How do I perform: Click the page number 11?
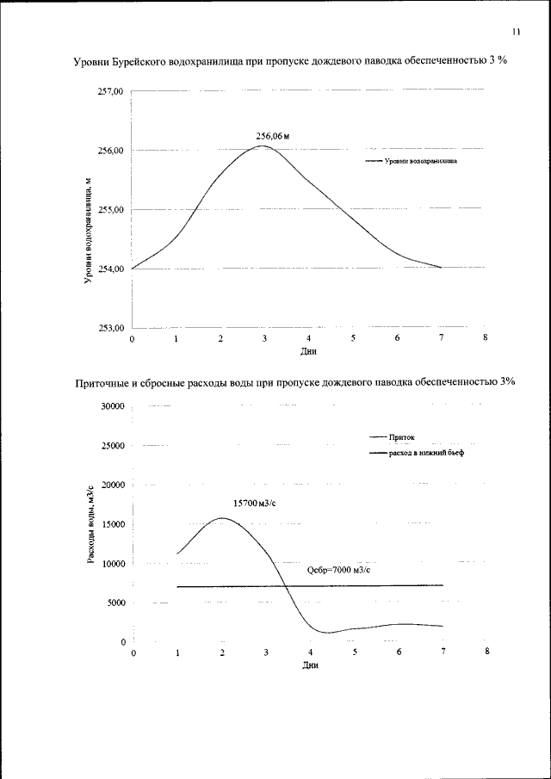pos(516,32)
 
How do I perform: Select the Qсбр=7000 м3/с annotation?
pos(338,570)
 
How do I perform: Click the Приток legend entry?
pos(401,437)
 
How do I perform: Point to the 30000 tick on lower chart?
pos(112,406)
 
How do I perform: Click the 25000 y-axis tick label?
pos(112,446)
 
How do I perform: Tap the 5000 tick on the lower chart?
pos(115,603)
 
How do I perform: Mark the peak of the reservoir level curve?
pos(263,146)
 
